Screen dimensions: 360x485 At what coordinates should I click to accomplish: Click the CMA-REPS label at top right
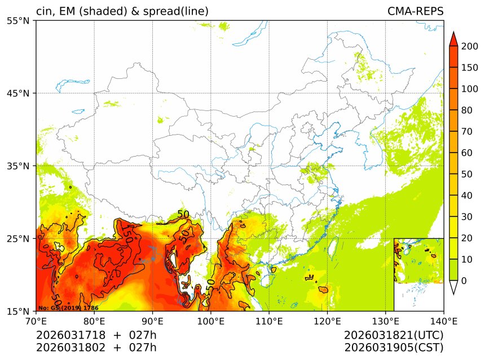tap(415, 12)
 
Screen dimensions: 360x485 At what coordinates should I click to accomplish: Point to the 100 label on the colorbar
tap(468, 89)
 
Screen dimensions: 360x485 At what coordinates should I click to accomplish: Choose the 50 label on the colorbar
tap(465, 174)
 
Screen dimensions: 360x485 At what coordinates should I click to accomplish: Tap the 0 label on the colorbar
tap(463, 281)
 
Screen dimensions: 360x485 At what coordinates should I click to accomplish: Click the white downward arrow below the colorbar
tap(453, 288)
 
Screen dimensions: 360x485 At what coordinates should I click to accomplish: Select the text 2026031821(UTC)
tap(394, 335)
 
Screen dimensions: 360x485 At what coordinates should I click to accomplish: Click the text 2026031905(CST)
tap(394, 347)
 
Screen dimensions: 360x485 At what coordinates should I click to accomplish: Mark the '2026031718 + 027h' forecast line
tap(96, 335)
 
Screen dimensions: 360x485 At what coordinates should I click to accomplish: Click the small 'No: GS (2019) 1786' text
tap(68, 308)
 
